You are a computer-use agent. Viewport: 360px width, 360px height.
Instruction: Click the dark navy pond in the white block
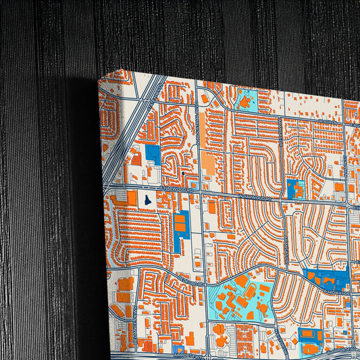148,200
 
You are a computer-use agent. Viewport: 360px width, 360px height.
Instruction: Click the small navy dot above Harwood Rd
182,174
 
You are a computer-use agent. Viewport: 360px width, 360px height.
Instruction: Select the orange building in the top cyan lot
244,103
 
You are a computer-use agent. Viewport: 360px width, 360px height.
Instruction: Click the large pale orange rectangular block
209,163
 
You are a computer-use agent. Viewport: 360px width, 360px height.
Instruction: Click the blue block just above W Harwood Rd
295,188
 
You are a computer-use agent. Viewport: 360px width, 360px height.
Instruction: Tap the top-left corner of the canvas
99,80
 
